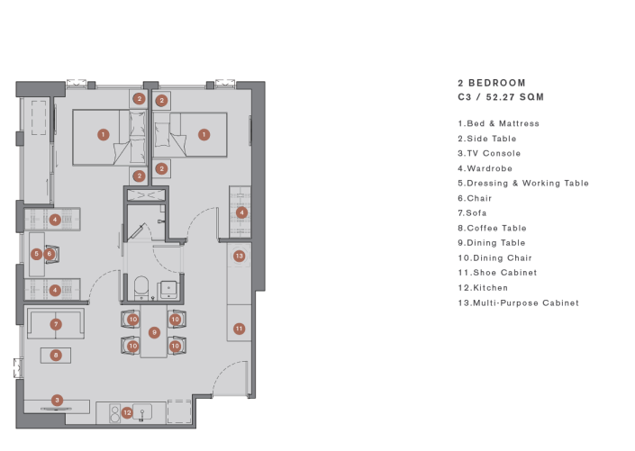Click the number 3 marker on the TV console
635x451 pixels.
pos(57,400)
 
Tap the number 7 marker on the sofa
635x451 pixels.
pos(56,323)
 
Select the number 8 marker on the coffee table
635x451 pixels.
pos(56,356)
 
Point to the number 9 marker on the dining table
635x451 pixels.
pos(154,332)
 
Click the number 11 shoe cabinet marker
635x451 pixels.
pos(239,329)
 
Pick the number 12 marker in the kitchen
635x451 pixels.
pos(128,412)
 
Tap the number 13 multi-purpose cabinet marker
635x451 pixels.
pos(239,256)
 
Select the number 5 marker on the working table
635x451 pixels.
pos(36,254)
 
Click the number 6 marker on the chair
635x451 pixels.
pos(50,254)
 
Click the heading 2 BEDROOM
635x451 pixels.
pos(491,82)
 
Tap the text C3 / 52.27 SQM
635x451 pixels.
pos(501,96)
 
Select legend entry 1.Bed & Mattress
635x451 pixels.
pos(498,123)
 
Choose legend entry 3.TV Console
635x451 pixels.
pos(489,153)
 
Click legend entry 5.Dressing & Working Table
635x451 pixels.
pos(522,183)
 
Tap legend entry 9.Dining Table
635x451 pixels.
pos(491,243)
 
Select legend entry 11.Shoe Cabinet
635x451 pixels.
pos(497,273)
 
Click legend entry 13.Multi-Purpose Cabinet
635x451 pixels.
pos(518,302)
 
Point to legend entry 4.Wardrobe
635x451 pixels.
pos(485,167)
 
